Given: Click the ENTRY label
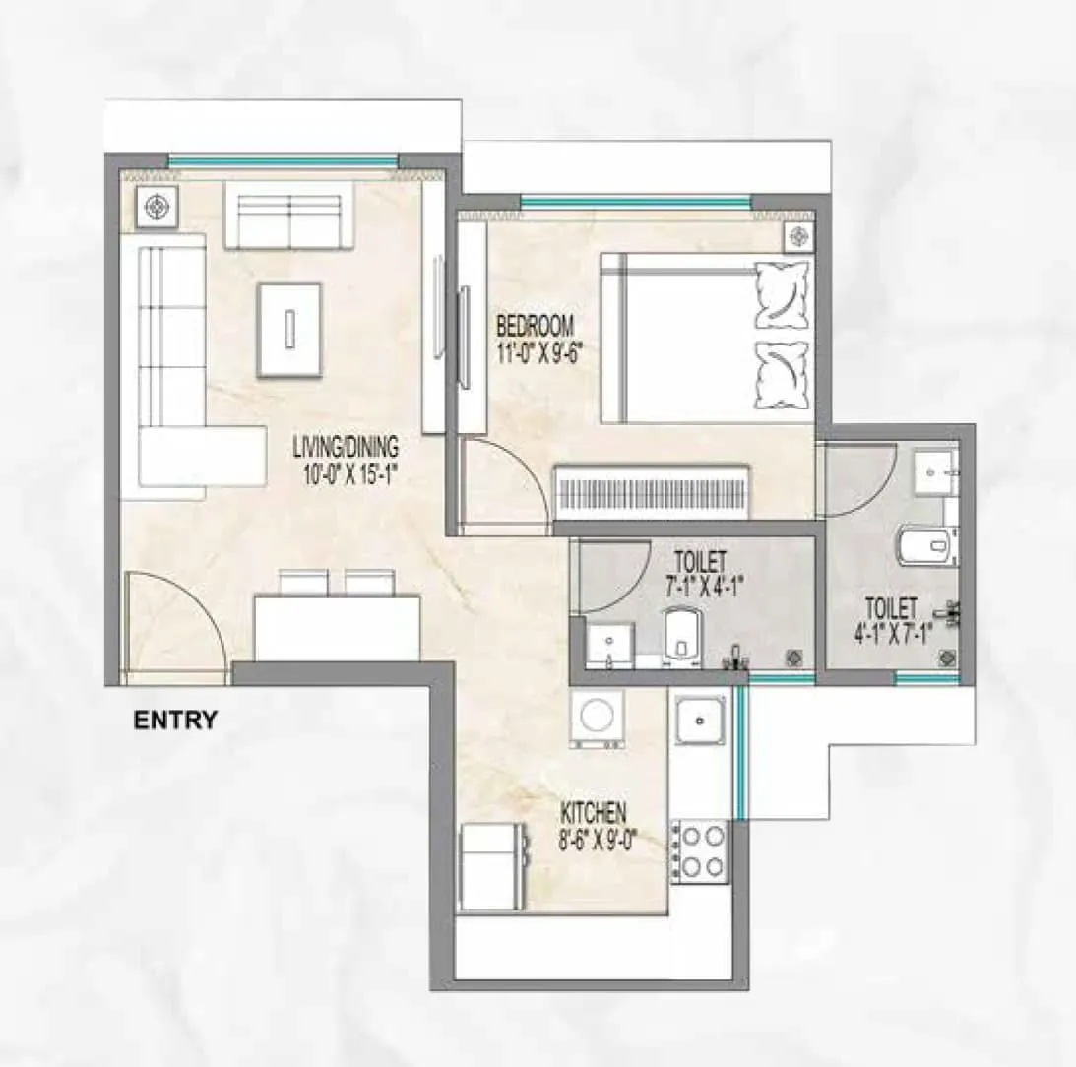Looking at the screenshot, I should tap(174, 721).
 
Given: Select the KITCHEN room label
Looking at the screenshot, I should tap(593, 813).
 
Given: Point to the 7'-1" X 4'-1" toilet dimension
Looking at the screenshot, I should tap(702, 589).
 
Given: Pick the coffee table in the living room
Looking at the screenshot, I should tap(289, 328).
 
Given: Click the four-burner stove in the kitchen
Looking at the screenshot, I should tap(700, 850).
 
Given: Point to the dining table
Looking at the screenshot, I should tap(337, 627).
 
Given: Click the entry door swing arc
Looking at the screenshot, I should tap(177, 620).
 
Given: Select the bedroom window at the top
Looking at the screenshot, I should tap(634, 203).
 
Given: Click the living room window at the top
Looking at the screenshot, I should tap(283, 161).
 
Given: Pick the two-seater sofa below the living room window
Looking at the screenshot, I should tap(287, 215).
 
